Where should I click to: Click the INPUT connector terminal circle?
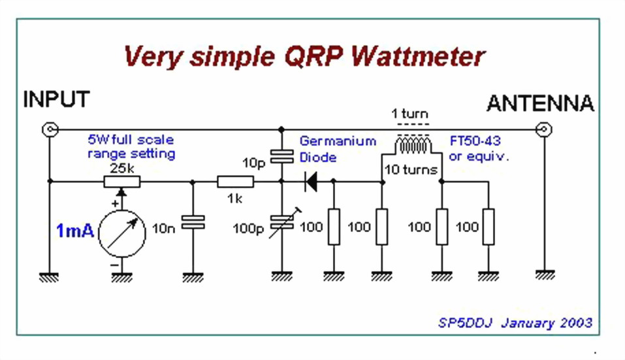50,129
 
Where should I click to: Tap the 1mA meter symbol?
122,233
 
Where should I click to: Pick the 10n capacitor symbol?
193,222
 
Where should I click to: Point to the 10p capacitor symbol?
281,157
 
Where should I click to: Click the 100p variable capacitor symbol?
281,225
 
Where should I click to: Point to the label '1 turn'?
409,114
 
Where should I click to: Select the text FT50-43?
477,141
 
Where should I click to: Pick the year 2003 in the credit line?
575,323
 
